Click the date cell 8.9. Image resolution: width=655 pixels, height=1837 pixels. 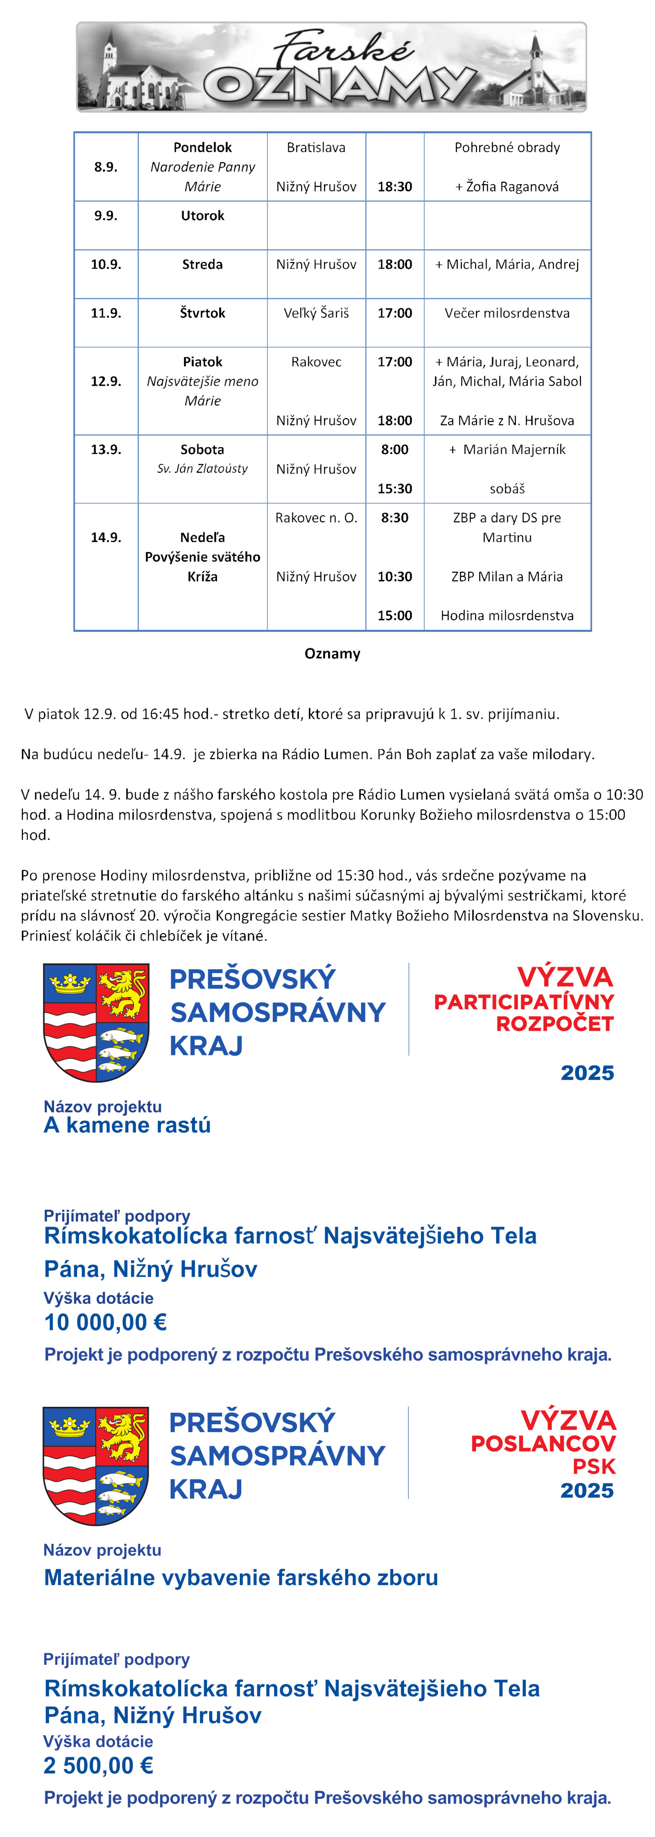point(105,167)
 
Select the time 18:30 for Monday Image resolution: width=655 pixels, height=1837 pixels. point(395,187)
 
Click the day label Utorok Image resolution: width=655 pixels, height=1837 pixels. point(202,215)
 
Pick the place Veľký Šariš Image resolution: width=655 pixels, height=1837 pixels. point(316,313)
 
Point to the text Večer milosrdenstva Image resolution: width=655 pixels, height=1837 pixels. point(507,313)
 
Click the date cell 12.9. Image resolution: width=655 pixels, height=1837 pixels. point(105,382)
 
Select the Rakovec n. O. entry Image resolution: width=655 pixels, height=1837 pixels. point(316,518)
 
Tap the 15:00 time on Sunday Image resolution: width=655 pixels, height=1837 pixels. point(395,615)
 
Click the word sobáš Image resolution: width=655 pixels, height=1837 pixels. point(507,488)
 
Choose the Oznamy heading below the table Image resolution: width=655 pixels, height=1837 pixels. point(332,653)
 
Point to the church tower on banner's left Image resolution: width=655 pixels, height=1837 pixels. point(109,50)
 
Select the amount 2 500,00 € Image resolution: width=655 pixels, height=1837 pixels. point(98,1766)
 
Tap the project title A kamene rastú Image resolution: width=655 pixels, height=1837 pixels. point(127,1125)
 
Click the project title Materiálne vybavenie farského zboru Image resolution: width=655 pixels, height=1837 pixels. point(241,1577)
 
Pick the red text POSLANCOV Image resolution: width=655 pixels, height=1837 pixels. point(543,1444)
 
